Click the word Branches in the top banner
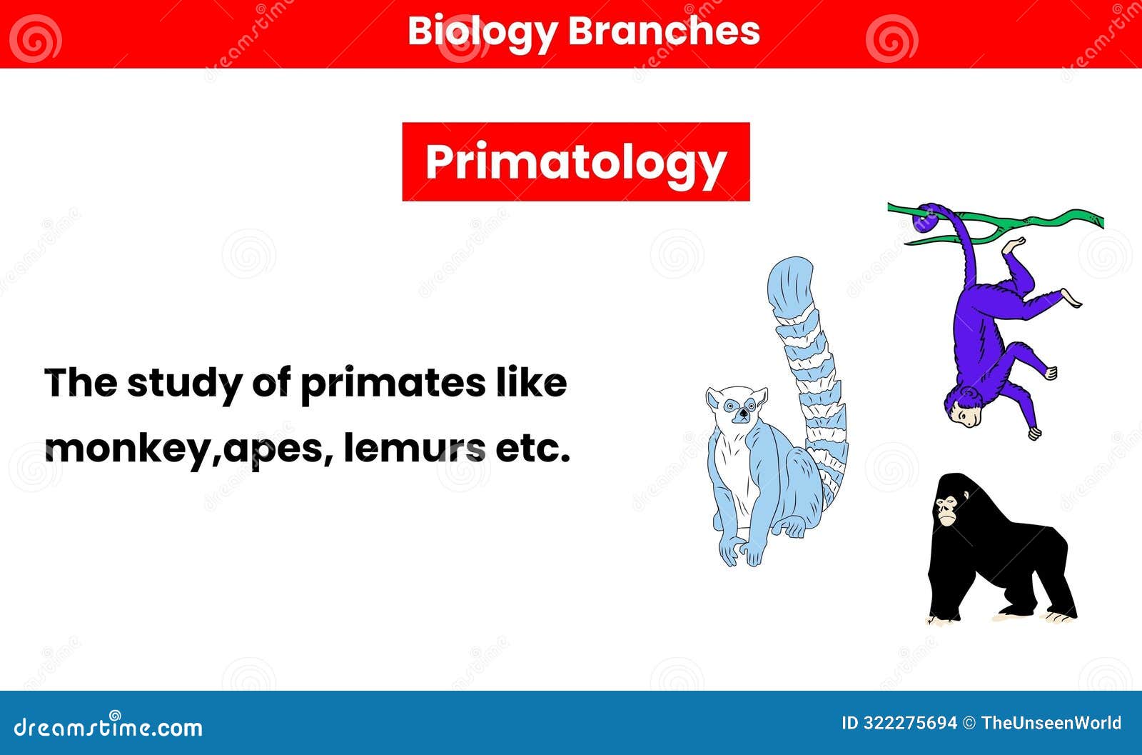(x=664, y=31)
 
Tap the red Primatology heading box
(x=575, y=161)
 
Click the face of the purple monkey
(x=964, y=413)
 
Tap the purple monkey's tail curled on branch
(x=927, y=218)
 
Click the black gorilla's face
(x=947, y=509)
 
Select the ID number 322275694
(x=909, y=724)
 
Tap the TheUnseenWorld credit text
(x=1051, y=724)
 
